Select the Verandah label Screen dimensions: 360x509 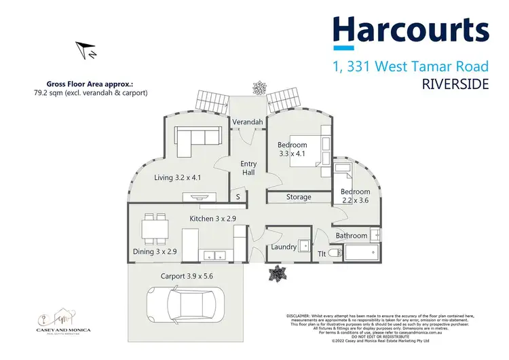[248, 122]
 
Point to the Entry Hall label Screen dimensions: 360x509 [249, 168]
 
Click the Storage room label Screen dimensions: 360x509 [298, 197]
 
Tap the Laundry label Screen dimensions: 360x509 [284, 247]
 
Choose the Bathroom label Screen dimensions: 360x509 [351, 236]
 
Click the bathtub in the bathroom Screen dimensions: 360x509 [360, 255]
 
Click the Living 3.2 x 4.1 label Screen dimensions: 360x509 [178, 178]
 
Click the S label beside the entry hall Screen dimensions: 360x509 [238, 197]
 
